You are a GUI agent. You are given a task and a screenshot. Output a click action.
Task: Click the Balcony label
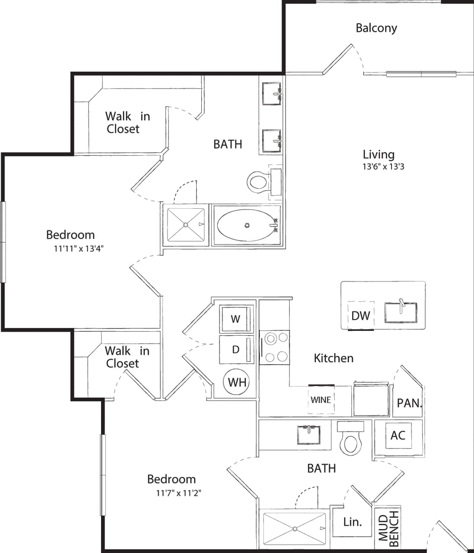[376, 28]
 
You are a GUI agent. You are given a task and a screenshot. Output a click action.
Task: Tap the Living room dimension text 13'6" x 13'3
[383, 167]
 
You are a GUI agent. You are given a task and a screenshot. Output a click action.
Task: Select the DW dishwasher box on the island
[361, 315]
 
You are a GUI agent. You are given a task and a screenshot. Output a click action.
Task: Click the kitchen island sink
[401, 312]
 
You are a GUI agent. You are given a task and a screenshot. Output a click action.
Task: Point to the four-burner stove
[274, 347]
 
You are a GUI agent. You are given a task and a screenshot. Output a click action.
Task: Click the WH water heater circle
[237, 382]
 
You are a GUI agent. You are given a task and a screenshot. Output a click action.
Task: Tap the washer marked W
[235, 319]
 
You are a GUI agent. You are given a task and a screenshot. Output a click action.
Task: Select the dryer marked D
[235, 349]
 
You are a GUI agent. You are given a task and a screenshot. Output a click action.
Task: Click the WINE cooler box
[321, 400]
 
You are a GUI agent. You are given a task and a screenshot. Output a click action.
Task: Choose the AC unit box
[398, 435]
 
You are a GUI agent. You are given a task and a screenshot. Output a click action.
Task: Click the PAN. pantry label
[409, 403]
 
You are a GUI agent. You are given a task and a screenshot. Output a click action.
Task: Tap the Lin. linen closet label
[352, 522]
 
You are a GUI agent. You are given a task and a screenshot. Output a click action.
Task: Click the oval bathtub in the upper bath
[247, 226]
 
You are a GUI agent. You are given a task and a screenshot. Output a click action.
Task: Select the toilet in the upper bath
[258, 182]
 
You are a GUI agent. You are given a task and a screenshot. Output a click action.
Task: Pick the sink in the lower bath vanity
[309, 434]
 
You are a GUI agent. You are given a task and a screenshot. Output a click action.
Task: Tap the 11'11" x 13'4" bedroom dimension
[76, 248]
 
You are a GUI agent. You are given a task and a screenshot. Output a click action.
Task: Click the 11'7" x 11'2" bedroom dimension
[178, 493]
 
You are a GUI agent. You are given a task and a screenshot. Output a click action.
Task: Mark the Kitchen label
[333, 358]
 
